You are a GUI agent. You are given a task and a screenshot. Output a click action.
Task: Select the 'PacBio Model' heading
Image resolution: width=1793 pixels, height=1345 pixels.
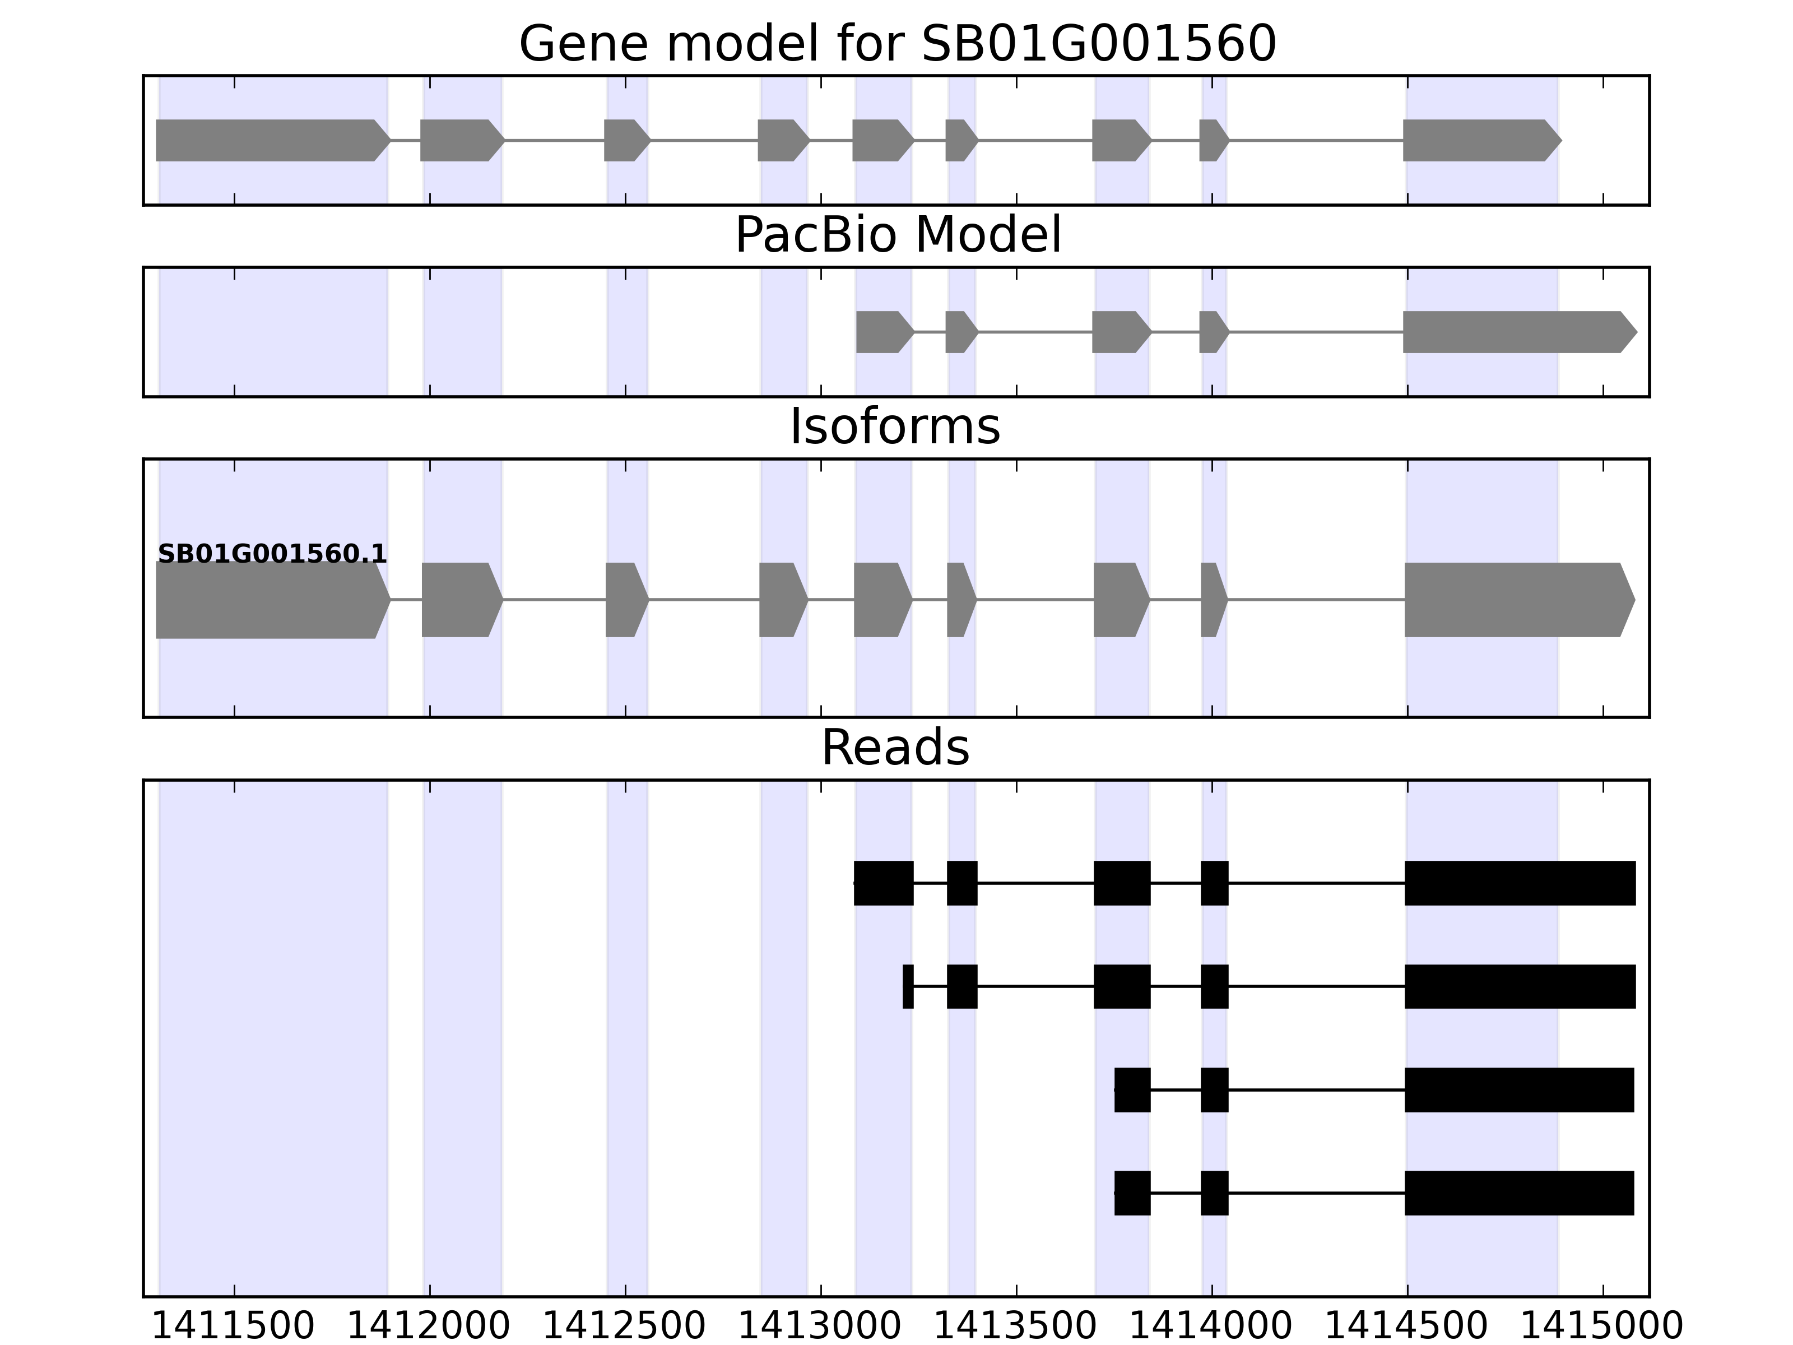[x=897, y=235]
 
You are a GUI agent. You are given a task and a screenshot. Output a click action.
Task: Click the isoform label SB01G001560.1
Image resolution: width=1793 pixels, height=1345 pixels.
[x=272, y=555]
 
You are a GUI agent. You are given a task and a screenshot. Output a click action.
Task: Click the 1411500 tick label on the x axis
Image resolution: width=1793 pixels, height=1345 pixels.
[x=234, y=1327]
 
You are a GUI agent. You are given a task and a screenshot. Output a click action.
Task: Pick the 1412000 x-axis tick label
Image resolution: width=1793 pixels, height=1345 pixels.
[x=429, y=1327]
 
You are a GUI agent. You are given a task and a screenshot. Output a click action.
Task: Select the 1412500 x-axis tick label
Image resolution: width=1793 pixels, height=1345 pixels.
[x=624, y=1327]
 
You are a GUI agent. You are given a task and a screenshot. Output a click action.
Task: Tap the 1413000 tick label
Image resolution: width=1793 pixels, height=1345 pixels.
[x=820, y=1327]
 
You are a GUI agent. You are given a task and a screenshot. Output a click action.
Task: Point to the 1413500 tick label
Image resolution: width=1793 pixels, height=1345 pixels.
[x=1016, y=1327]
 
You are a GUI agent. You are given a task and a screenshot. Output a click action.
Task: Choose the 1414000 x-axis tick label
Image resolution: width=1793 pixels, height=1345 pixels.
[x=1211, y=1327]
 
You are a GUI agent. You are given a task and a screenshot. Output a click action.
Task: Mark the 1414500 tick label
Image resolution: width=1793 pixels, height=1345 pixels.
[x=1406, y=1327]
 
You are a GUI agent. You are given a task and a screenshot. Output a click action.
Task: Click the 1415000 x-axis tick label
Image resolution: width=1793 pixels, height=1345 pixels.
[x=1602, y=1327]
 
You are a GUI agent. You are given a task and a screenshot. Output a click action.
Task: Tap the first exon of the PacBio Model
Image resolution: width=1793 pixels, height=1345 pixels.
[x=884, y=332]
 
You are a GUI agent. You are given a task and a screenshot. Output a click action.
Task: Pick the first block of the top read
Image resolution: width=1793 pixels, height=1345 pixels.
[x=884, y=883]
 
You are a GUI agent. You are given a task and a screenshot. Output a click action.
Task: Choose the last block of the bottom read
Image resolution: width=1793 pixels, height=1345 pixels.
[x=1519, y=1193]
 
